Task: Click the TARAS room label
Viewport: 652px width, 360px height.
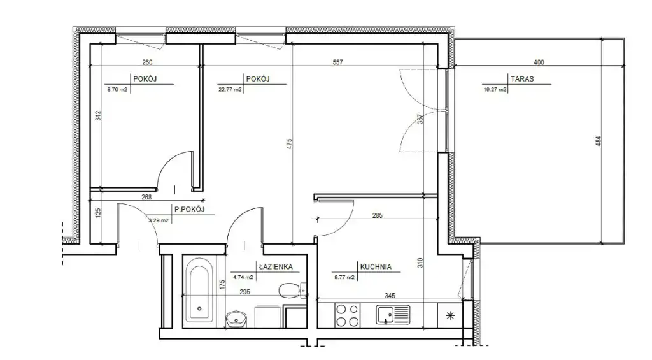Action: [x=522, y=78]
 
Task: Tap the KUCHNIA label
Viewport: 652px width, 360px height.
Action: [x=376, y=267]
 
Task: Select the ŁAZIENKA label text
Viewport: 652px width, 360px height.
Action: [x=276, y=267]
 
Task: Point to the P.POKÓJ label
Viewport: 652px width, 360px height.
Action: [x=190, y=210]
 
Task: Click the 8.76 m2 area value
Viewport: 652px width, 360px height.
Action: [x=117, y=89]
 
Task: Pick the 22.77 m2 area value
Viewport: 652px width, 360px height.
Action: [x=230, y=89]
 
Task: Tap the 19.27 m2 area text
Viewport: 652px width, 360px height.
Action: [x=495, y=89]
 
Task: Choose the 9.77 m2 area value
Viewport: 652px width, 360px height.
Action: [x=344, y=277]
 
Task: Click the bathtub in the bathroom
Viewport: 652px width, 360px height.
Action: [x=199, y=290]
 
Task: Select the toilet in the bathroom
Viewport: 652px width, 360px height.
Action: [x=290, y=291]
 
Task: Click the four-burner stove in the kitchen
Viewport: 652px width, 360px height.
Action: [x=347, y=315]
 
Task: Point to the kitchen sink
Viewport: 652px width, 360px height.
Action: [x=393, y=315]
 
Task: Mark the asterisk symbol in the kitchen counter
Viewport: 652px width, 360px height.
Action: [x=450, y=316]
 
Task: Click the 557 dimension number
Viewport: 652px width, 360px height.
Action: [x=337, y=62]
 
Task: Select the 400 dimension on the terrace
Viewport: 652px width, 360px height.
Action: [x=539, y=62]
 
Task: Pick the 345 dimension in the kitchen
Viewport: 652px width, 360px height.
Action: [x=390, y=296]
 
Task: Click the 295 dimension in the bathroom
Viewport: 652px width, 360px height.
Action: [x=244, y=292]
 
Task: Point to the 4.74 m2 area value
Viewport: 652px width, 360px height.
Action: [x=243, y=277]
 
